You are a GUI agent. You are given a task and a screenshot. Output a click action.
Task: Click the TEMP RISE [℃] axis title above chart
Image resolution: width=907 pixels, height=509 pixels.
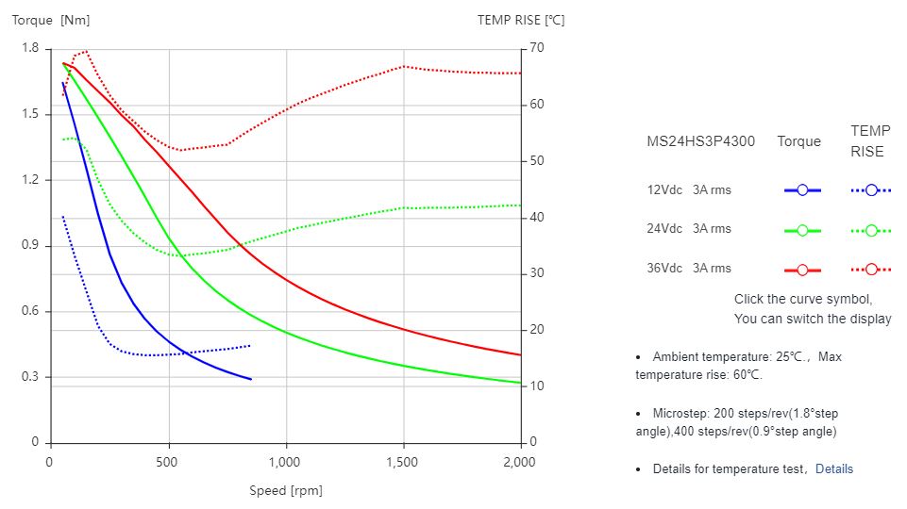[520, 20]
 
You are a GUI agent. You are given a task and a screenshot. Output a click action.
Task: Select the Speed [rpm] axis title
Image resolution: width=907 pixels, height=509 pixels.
[286, 490]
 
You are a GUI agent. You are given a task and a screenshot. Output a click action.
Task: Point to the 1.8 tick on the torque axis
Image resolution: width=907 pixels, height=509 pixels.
[30, 48]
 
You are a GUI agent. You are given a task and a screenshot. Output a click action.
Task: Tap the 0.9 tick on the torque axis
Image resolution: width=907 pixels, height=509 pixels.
[30, 245]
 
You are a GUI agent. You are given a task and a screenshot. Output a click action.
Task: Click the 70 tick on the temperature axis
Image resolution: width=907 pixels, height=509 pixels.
[537, 48]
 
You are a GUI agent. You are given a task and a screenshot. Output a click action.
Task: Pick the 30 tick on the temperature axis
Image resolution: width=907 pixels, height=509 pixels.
[537, 273]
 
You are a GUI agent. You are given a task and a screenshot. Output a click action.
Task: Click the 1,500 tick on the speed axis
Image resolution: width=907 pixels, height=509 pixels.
[404, 462]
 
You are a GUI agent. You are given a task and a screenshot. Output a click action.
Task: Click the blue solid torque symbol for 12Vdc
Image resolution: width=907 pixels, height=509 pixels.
[802, 190]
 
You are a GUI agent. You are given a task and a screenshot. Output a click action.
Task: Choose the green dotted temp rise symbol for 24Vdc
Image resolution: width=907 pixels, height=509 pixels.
[871, 230]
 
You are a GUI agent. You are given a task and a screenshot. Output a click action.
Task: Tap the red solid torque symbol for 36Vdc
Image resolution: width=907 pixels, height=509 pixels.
[802, 270]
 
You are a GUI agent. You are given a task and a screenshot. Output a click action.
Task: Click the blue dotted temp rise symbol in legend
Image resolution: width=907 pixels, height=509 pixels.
[871, 190]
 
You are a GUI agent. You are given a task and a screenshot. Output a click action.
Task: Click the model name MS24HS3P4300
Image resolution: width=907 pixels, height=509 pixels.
[700, 141]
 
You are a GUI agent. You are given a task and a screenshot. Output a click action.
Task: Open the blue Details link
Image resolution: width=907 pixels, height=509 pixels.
[833, 468]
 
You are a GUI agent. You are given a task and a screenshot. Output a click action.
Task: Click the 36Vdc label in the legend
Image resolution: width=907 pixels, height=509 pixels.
[664, 268]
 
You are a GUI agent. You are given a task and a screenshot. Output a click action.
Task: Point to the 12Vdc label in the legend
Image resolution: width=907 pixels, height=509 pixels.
[664, 189]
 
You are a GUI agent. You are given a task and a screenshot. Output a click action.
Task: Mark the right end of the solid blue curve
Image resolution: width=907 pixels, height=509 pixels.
[251, 379]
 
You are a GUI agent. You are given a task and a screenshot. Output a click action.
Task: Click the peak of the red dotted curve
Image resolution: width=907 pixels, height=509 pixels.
[85, 52]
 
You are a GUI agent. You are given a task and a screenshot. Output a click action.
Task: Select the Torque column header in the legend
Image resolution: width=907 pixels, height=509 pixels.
[798, 141]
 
